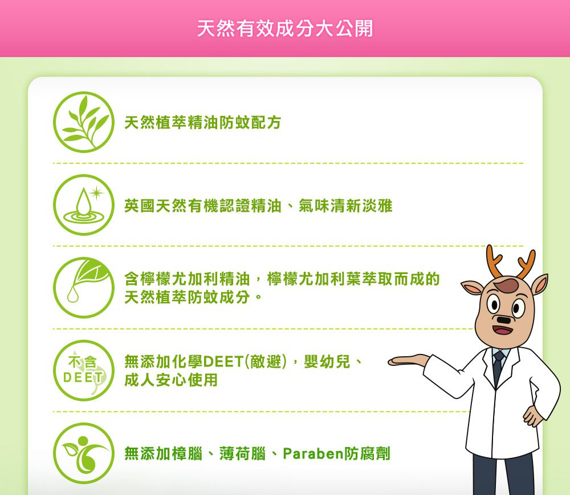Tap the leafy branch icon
84,122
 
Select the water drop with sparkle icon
84,205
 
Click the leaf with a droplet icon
84,287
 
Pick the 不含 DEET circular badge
84,370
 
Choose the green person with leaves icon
84,453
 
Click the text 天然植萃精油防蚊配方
203,123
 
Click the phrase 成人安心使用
171,380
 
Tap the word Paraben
311,454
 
